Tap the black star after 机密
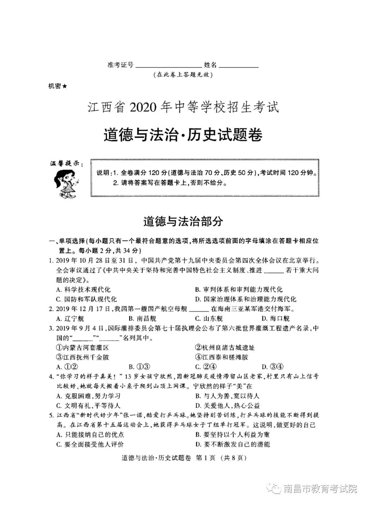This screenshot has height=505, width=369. coord(65,87)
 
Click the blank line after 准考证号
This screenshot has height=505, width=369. coord(168,67)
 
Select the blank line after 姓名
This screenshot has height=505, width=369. coord(238,67)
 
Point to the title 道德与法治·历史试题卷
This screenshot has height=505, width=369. coord(183,135)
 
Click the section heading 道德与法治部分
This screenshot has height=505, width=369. coord(183,221)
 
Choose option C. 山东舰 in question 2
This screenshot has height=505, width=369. coord(209,319)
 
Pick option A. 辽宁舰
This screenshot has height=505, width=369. coord(70,319)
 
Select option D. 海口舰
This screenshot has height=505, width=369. coord(275,319)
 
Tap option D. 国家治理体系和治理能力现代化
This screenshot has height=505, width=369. coord(246,299)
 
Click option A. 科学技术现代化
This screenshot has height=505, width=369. coord(83,290)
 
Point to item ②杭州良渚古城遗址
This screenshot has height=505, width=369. coord(225,348)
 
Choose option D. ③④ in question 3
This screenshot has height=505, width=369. coord(273,367)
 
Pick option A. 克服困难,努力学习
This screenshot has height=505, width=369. coord(88,396)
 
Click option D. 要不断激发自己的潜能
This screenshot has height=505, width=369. coord(233,444)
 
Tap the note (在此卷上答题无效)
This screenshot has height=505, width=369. coord(183,75)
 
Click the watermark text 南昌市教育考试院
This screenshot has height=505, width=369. coord(320,489)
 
